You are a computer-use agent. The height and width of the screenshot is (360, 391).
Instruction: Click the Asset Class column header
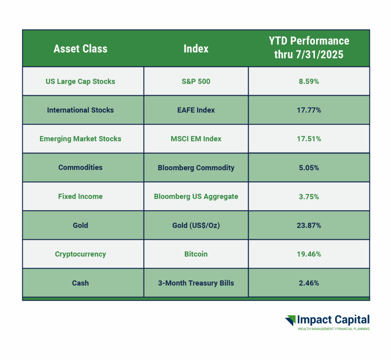pos(80,48)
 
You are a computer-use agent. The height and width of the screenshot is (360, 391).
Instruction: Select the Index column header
pos(196,48)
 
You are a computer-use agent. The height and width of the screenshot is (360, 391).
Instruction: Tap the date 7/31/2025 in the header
pos(320,55)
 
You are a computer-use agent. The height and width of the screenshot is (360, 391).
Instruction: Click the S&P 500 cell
pos(196,81)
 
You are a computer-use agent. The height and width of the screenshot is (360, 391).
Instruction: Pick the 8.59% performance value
pos(309,81)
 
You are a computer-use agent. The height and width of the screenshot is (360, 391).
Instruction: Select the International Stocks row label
pos(80,110)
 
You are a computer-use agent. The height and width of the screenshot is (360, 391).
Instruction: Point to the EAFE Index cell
pos(196,110)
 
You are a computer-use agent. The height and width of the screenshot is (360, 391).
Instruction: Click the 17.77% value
pos(309,110)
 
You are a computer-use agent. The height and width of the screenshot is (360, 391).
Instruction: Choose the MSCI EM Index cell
pos(196,139)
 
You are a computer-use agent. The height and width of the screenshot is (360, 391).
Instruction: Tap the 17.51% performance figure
pos(309,139)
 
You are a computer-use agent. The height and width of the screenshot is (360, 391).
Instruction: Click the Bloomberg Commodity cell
pos(196,167)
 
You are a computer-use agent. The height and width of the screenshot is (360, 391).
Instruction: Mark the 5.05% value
pos(309,167)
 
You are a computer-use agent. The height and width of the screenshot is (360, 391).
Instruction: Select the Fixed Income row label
pos(80,196)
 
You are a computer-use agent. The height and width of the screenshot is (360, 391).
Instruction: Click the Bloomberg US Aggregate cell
pos(196,196)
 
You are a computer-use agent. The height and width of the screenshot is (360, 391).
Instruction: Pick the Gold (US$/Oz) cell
pos(196,225)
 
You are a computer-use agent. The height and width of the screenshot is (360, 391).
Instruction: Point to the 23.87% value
pos(309,225)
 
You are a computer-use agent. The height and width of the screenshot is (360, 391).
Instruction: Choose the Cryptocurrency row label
pos(80,254)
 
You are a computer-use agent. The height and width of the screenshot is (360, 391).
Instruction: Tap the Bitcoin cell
pos(196,254)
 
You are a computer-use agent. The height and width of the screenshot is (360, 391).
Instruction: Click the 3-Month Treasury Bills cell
pos(196,283)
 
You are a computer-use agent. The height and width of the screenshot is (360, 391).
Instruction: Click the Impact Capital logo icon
pos(291,320)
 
